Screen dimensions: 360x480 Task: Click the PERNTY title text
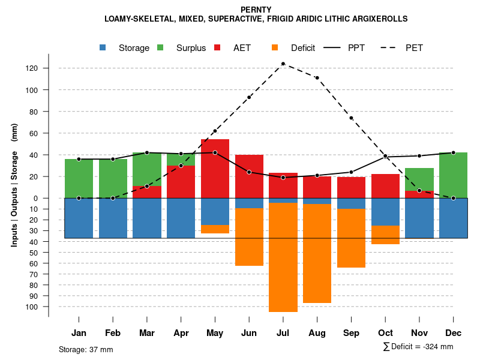[256, 10]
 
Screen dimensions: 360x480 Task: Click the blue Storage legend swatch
[104, 47]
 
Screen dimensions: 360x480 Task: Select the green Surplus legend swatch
[160, 47]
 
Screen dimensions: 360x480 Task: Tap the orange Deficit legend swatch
[275, 47]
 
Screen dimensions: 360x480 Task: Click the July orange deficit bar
[283, 257]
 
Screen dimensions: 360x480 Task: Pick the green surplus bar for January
[79, 178]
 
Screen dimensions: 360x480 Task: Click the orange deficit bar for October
[385, 235]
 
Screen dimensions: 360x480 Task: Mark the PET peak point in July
[283, 64]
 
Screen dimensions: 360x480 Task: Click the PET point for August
[317, 78]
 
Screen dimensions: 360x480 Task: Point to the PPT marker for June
[249, 172]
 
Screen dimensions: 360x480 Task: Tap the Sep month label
[351, 333]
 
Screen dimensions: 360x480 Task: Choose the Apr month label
[181, 333]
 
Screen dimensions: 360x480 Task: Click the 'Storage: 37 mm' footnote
[86, 349]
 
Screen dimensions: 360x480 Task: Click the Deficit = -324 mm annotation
[418, 347]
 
